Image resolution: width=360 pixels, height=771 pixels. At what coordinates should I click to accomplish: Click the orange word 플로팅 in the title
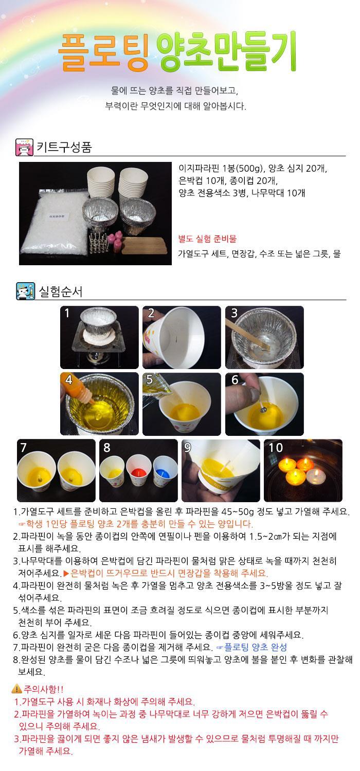click(x=103, y=52)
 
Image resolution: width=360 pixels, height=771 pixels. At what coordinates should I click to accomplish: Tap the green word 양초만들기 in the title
click(x=227, y=51)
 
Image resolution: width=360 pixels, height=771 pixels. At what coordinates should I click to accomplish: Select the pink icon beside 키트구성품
click(x=25, y=148)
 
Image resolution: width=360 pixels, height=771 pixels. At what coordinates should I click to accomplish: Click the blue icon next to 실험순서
click(x=26, y=291)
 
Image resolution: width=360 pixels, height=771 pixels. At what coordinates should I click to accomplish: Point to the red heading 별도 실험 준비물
click(x=207, y=239)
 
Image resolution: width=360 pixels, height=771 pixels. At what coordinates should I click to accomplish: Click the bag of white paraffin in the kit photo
click(x=55, y=222)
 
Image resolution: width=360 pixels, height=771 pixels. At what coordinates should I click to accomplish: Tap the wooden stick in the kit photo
click(x=144, y=245)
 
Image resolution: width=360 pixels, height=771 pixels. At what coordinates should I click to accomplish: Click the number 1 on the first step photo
click(x=67, y=313)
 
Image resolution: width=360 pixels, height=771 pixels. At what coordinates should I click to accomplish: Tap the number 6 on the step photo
click(x=235, y=380)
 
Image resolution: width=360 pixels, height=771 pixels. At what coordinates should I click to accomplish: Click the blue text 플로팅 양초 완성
click(x=255, y=647)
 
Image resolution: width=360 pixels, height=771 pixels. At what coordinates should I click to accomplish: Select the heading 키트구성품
click(x=64, y=148)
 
